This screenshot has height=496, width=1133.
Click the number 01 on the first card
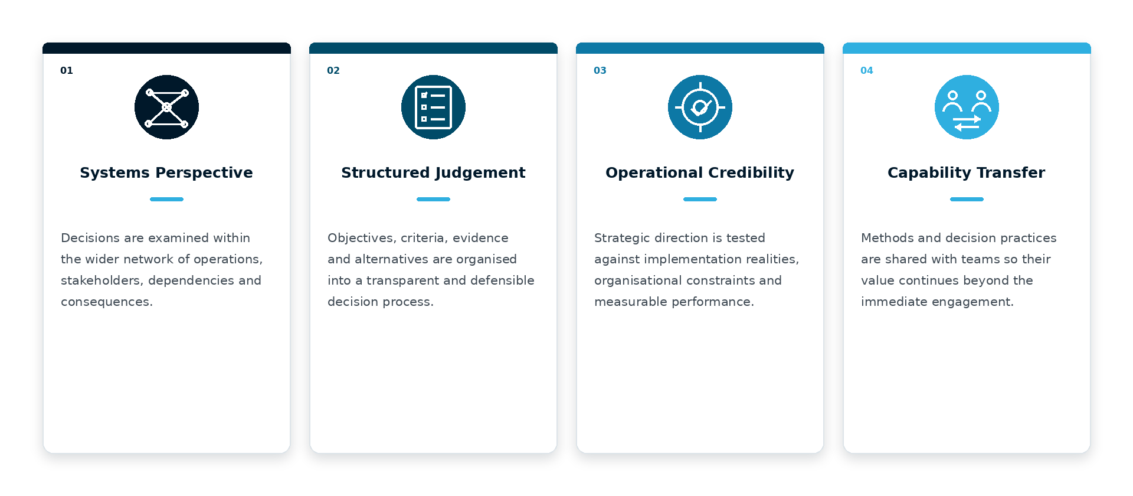67,70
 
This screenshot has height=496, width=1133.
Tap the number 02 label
333,70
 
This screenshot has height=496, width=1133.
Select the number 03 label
600,70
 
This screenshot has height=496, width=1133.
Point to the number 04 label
867,70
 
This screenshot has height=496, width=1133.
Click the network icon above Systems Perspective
166,107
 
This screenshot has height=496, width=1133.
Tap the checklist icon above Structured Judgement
433,107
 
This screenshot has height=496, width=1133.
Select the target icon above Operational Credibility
700,107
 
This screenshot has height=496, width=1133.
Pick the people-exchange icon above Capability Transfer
967,107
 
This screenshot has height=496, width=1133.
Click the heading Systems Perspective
166,172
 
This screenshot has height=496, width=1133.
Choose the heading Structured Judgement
433,172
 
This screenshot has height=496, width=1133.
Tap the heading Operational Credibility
700,172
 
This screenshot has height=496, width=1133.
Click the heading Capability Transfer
967,172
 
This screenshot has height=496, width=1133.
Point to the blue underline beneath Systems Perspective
166,200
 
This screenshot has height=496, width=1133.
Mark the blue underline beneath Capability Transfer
967,200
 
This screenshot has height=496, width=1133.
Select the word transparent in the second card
401,281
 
